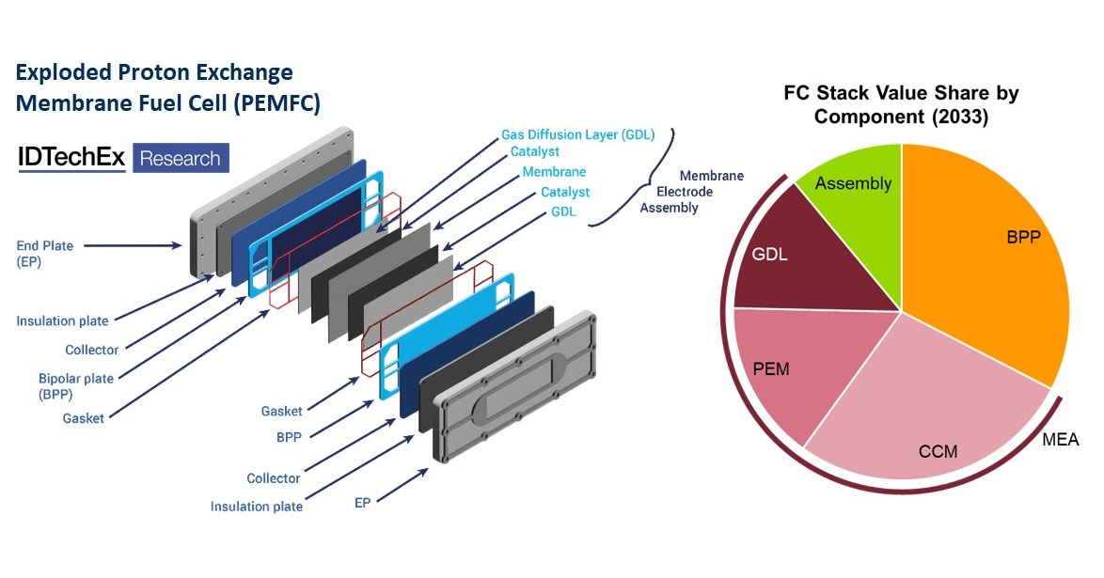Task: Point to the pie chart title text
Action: point(901,105)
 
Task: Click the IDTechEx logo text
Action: point(71,158)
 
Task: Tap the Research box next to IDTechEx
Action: point(180,158)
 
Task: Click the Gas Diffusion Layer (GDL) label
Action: point(577,134)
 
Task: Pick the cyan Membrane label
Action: point(554,172)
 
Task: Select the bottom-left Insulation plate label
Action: point(256,507)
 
